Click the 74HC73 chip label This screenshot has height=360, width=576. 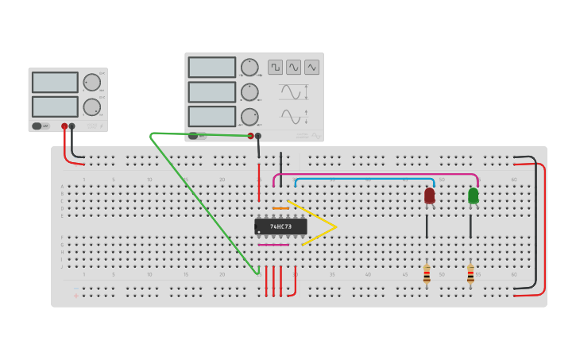coord(280,226)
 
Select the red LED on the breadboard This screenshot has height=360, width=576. coord(429,195)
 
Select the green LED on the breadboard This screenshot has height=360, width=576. coord(474,195)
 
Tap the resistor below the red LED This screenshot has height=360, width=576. coord(427,274)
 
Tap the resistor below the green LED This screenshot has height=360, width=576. coord(470,274)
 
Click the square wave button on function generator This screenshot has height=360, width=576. coord(275,68)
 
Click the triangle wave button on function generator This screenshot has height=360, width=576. coord(311,68)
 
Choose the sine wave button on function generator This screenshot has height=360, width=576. coord(293,68)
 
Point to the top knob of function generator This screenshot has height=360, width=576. coord(249,68)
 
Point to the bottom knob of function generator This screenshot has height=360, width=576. coord(249,117)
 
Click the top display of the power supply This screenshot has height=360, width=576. coord(55,83)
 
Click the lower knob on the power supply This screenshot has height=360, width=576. coord(92,107)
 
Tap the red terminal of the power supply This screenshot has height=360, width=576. coord(64,126)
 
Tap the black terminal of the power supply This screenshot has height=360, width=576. coord(72,126)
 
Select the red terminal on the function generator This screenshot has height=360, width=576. coord(250,136)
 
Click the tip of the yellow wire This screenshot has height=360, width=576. coord(336,226)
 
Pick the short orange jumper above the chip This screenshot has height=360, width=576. coord(280,209)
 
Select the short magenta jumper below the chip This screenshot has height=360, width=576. coord(273,245)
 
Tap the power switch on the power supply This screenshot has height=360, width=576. coord(37,126)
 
